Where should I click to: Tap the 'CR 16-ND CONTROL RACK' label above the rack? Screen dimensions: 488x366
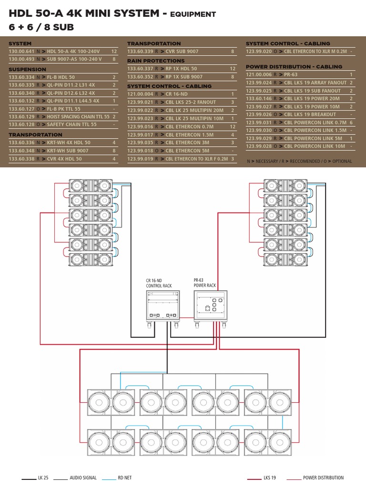(x=159, y=283)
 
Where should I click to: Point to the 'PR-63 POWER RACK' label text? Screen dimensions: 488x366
(x=204, y=283)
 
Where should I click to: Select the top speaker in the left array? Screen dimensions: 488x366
(x=91, y=185)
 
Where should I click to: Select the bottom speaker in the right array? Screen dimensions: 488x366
(x=285, y=260)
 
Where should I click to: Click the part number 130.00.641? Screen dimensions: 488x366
(x=21, y=51)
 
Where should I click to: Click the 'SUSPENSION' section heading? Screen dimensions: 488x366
(x=27, y=69)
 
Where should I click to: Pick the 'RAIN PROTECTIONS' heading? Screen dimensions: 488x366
(x=156, y=61)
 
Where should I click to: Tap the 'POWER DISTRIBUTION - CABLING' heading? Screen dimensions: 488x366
(x=294, y=67)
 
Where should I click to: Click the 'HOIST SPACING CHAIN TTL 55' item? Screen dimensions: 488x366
(x=78, y=116)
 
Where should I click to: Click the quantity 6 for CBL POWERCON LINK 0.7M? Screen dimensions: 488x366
(x=351, y=122)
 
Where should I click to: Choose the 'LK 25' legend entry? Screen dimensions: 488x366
(x=47, y=478)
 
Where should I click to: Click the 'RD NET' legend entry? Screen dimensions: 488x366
(x=124, y=478)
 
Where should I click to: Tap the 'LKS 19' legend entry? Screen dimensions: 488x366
(x=270, y=478)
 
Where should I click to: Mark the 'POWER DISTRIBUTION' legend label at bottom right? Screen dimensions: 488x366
(x=323, y=478)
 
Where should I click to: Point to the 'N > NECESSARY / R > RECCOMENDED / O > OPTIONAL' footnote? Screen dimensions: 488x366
(x=299, y=162)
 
